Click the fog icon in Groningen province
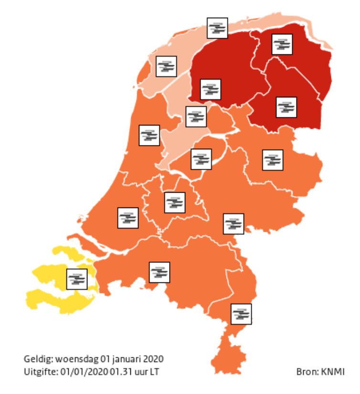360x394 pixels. [282, 44]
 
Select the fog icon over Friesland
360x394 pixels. [210, 89]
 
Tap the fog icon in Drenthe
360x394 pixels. [286, 107]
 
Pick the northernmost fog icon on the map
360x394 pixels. [217, 28]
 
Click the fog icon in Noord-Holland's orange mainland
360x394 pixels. [149, 135]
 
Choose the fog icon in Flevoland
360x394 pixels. [201, 159]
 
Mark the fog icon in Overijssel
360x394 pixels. [273, 160]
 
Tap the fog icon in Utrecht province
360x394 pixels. [174, 203]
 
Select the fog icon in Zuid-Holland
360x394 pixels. [128, 218]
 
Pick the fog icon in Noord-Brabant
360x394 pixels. [159, 272]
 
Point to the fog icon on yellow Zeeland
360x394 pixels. [77, 279]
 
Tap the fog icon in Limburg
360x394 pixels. [241, 314]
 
